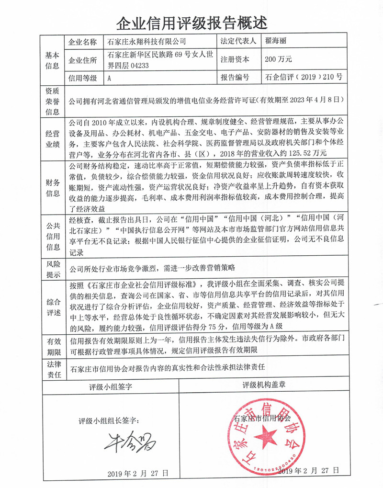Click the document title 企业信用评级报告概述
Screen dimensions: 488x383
tap(191, 22)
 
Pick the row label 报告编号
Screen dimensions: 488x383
tap(235, 77)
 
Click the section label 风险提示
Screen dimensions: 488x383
tap(52, 270)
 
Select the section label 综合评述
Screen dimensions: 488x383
tap(52, 306)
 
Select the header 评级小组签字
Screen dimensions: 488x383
tap(111, 386)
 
